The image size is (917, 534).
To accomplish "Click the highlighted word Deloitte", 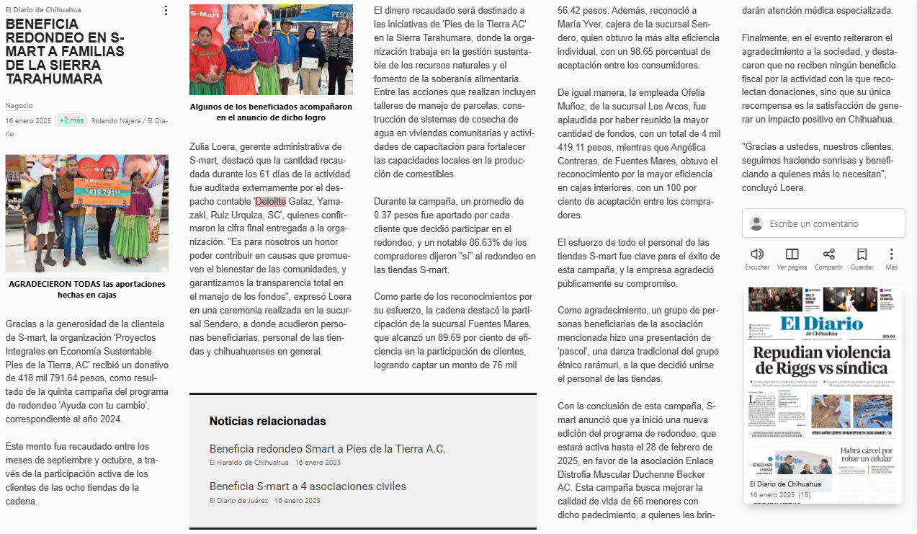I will click(270, 201).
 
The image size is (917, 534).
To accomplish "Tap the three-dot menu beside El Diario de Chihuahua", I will click(166, 11).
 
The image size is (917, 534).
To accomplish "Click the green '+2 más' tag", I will click(71, 120).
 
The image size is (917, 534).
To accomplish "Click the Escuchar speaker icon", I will click(757, 254).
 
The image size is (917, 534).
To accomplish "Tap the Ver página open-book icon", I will click(792, 254).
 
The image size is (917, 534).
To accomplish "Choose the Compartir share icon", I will click(828, 254).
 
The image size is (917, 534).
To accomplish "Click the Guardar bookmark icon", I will click(862, 254).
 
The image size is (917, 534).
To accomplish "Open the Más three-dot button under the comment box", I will click(891, 254).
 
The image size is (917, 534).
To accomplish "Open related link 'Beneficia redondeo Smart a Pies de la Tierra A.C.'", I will click(327, 449).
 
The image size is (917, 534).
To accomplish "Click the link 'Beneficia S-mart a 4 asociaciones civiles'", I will click(308, 486).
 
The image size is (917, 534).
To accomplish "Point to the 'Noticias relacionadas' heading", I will click(267, 421).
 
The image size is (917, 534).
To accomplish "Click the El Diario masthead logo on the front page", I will click(821, 324).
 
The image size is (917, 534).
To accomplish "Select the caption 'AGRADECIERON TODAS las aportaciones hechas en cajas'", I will click(86, 289).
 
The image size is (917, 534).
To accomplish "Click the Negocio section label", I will click(19, 106).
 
